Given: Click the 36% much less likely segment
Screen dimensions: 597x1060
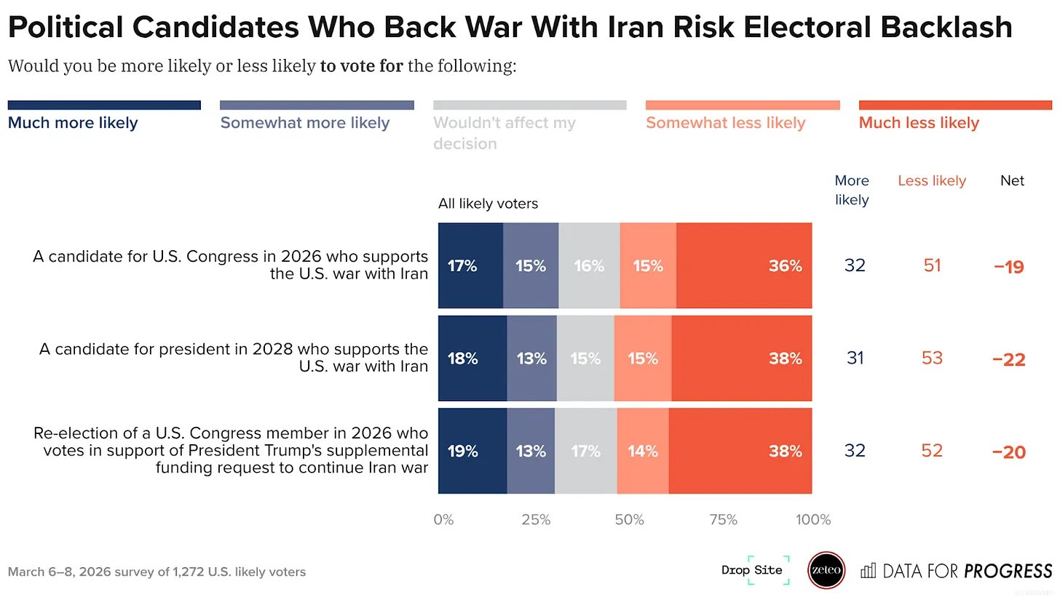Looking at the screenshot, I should (743, 265).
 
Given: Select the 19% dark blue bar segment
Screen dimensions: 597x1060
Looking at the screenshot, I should (472, 451).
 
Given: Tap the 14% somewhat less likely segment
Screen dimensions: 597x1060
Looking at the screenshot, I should (643, 451).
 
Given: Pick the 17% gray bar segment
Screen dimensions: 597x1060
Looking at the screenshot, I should (585, 451).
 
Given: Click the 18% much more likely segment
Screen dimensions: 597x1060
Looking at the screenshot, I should (472, 358).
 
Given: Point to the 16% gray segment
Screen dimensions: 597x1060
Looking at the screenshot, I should (589, 265).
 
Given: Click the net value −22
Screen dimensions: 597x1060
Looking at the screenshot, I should (1008, 359).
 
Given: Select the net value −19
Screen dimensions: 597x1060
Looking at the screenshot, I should (1008, 267).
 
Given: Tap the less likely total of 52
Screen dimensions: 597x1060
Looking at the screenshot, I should (932, 451).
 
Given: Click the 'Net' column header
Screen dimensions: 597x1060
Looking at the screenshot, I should (1012, 180).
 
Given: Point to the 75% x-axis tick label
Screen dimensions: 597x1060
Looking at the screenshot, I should (722, 520).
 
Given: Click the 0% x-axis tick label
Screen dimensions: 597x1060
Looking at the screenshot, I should (443, 520).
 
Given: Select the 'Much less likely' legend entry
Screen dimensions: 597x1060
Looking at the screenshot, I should (919, 123).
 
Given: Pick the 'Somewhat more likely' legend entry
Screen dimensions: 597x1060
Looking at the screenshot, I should (305, 123).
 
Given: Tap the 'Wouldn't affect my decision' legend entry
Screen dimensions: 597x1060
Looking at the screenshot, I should (505, 132).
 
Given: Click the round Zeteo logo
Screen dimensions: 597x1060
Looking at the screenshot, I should (826, 571).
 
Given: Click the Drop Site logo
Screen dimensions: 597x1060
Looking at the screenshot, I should (752, 570).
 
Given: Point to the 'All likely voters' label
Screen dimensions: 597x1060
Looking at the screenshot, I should (488, 204).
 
